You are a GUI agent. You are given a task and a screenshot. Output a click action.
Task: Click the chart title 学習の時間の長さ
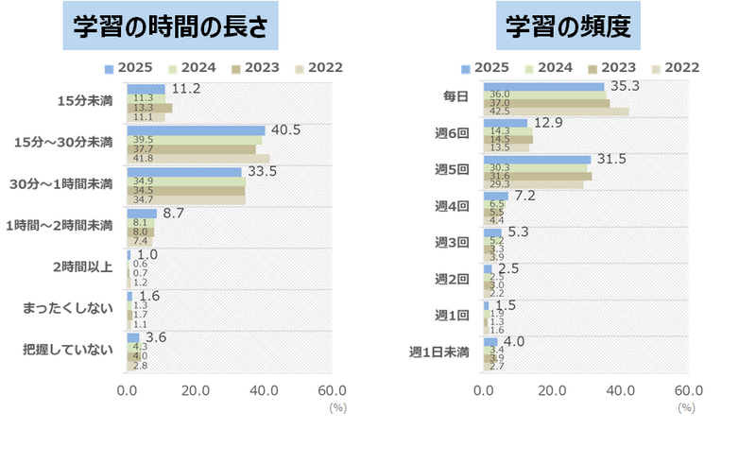click(171, 27)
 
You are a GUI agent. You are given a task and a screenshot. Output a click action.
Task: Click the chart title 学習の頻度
click(568, 27)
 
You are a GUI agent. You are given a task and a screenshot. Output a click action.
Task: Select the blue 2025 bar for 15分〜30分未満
click(196, 130)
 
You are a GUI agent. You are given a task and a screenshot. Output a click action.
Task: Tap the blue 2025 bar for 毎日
click(543, 87)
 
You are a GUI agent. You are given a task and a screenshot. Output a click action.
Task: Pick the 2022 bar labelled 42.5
click(556, 112)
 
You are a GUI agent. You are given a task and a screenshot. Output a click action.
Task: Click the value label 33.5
click(260, 171)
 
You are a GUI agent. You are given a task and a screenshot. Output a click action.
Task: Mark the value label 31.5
click(612, 158)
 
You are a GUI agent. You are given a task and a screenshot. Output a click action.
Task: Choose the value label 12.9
click(549, 123)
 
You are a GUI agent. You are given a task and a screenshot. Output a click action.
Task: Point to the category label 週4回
click(452, 205)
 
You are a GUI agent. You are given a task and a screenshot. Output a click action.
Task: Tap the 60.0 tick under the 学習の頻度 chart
click(688, 391)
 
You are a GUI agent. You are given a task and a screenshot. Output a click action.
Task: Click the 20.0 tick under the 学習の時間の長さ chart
click(196, 391)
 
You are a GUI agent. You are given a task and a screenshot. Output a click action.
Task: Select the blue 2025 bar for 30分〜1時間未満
click(184, 172)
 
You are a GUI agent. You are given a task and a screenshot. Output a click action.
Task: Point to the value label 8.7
click(174, 215)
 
